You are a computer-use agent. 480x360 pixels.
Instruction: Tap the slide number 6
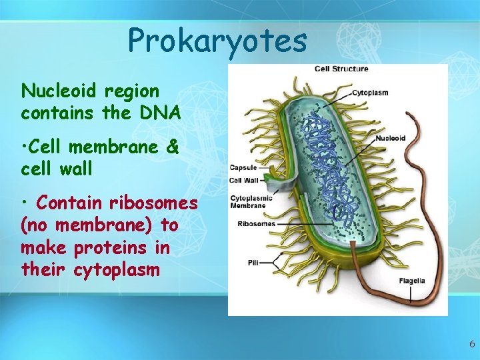pyautogui.click(x=471, y=345)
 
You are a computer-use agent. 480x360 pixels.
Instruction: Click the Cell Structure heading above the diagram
pyautogui.click(x=341, y=69)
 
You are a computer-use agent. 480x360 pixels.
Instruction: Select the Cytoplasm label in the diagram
pyautogui.click(x=370, y=93)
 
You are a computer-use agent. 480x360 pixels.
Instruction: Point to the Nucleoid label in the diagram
pyautogui.click(x=390, y=139)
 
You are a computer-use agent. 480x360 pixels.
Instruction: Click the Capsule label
pyautogui.click(x=243, y=168)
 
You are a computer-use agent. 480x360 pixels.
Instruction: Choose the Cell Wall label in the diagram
pyautogui.click(x=244, y=180)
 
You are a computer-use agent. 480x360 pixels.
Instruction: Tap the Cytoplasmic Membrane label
pyautogui.click(x=248, y=201)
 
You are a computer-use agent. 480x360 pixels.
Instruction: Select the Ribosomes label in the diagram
pyautogui.click(x=256, y=224)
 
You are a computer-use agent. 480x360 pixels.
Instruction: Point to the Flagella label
pyautogui.click(x=412, y=281)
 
